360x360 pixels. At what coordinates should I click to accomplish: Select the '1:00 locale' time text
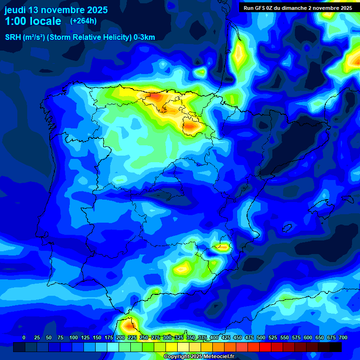(33, 21)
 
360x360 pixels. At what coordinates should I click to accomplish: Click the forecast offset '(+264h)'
(83, 21)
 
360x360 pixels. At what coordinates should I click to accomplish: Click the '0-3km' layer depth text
(144, 37)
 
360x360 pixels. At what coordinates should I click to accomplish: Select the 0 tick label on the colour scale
(24, 338)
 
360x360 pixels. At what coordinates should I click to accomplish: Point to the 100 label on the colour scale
(74, 338)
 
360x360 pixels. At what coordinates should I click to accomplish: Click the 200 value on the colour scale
(120, 338)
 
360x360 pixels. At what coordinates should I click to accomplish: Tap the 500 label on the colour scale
(261, 338)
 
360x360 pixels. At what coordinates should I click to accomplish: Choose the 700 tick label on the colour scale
(343, 338)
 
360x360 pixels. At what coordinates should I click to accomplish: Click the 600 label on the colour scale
(308, 338)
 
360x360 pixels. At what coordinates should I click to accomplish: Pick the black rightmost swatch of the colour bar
(336, 347)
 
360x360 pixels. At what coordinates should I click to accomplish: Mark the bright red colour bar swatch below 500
(265, 347)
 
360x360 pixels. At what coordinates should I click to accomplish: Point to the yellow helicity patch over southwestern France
(239, 54)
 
